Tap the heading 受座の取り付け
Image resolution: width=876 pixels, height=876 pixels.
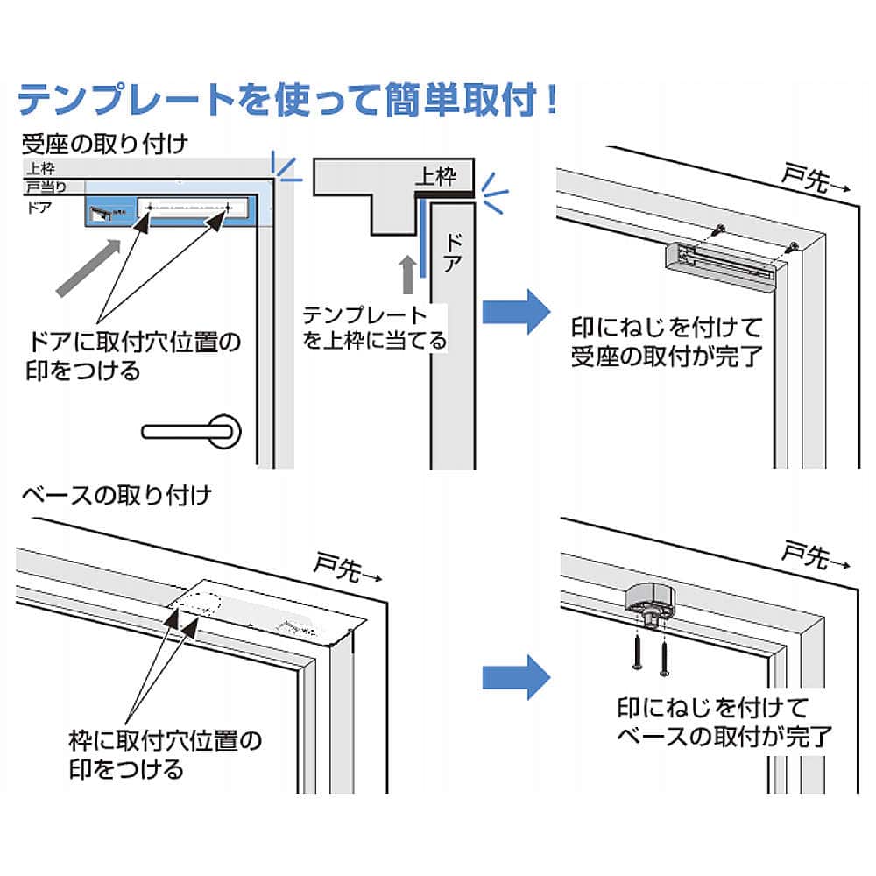coord(105,142)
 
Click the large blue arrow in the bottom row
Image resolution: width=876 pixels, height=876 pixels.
coord(517,675)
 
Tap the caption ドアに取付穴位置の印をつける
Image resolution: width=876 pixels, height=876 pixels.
coord(133,355)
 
